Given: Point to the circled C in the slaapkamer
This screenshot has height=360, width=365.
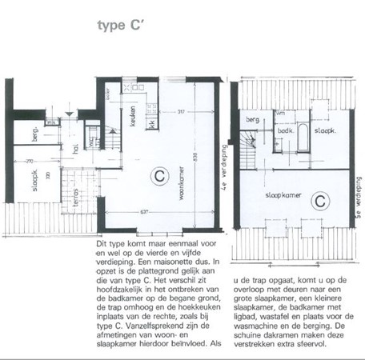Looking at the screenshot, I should pyautogui.click(x=318, y=198).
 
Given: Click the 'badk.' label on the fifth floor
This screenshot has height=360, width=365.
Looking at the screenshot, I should pyautogui.click(x=285, y=130).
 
